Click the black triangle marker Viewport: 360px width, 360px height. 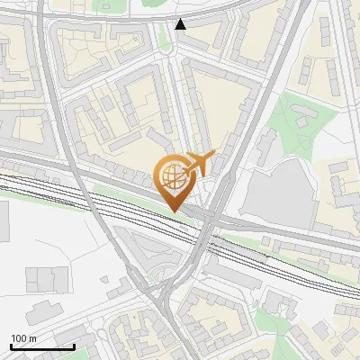pos(181,24)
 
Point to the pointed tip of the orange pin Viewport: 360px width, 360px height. pos(172,211)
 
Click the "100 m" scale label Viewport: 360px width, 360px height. pos(23,337)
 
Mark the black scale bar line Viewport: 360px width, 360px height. pos(42,346)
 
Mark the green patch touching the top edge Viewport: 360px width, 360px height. pos(144,4)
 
